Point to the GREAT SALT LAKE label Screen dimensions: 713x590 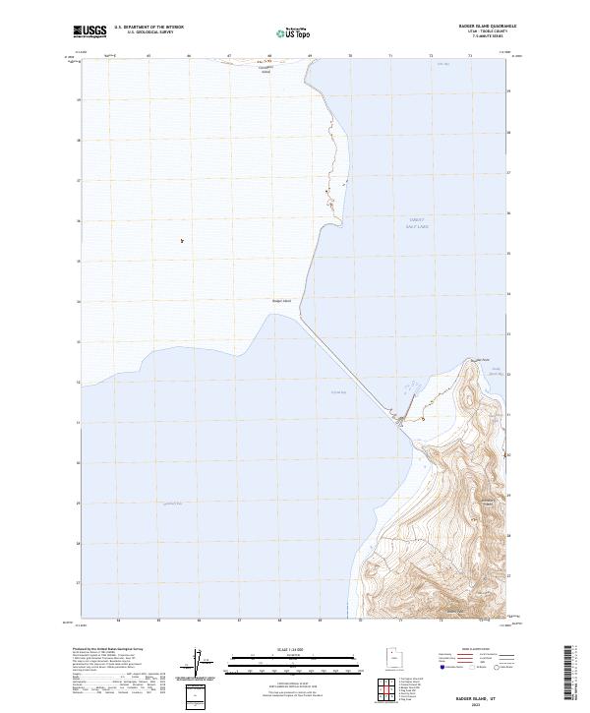[418, 224]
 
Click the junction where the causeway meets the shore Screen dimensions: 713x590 [397, 423]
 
